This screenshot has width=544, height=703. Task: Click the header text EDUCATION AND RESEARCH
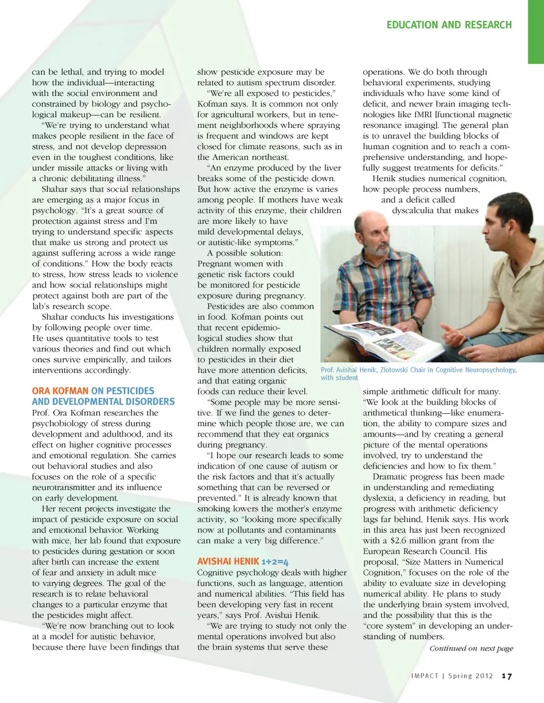click(x=449, y=25)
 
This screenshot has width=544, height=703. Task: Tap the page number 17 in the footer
click(x=507, y=676)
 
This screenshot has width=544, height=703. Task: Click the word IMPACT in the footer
click(x=425, y=676)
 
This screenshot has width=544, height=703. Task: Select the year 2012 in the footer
click(x=484, y=676)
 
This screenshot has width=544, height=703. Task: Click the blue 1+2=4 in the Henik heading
click(x=275, y=561)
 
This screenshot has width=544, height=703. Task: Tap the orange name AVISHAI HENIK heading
click(x=228, y=561)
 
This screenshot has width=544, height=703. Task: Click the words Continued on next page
click(x=471, y=648)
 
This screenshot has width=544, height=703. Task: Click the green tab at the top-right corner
click(x=535, y=31)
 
